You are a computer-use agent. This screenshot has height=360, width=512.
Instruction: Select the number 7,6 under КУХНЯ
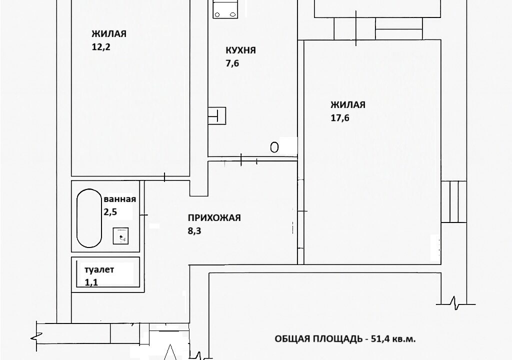coord(232,63)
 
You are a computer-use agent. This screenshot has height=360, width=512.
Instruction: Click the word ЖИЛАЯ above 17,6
coord(347,105)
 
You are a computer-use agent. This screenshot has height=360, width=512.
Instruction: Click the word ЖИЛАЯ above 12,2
coord(108,34)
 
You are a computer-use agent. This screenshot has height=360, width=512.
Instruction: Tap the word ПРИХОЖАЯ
coord(214,217)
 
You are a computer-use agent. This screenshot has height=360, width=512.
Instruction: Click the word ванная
coord(119,199)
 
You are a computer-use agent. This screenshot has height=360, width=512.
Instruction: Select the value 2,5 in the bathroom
coord(110,212)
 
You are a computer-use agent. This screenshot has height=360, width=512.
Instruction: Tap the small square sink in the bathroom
coord(121,235)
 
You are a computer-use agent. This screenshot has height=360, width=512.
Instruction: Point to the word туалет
coord(99,269)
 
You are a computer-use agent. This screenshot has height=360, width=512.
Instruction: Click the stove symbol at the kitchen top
coord(225,8)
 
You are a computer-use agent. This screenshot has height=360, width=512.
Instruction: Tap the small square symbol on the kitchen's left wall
coord(217,115)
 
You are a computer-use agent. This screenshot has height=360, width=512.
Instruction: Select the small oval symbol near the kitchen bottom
coord(274,147)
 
